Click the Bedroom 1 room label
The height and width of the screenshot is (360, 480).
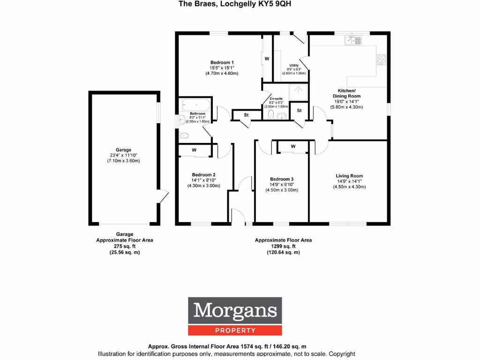point(222,62)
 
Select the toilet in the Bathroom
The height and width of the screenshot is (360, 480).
point(184,135)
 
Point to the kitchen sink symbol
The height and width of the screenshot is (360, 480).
point(353,41)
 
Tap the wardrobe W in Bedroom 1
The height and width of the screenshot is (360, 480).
point(267,59)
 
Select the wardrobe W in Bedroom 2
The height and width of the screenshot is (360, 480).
point(194,150)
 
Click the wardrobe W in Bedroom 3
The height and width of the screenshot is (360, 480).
point(293,147)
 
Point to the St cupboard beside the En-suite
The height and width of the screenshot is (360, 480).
point(299,111)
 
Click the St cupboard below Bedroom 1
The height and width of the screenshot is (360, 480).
point(246,115)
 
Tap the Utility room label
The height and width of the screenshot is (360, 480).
point(294,65)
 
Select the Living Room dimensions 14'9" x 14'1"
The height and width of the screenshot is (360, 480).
point(349,181)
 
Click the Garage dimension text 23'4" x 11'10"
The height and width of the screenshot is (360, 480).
point(124,156)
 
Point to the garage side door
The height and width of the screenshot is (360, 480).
point(162,195)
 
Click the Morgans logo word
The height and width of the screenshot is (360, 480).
point(235,310)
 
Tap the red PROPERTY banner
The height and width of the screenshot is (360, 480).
point(235,330)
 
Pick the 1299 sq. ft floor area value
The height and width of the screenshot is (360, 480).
point(283,246)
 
